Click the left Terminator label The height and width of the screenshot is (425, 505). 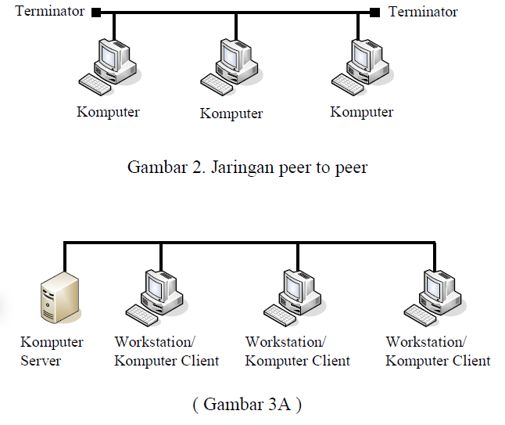point(50,11)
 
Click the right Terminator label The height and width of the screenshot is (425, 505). point(423,11)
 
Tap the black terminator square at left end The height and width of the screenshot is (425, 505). point(95,12)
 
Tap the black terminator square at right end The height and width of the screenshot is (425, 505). point(374,12)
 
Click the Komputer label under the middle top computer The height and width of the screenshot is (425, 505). point(231,113)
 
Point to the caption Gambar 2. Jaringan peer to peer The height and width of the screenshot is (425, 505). point(247,167)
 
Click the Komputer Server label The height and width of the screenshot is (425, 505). point(52,351)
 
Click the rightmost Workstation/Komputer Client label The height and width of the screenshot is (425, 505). point(438,351)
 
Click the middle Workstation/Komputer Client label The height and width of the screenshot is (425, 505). point(297,351)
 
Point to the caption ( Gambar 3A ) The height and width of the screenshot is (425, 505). point(246,404)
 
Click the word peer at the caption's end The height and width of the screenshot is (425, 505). point(349,167)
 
